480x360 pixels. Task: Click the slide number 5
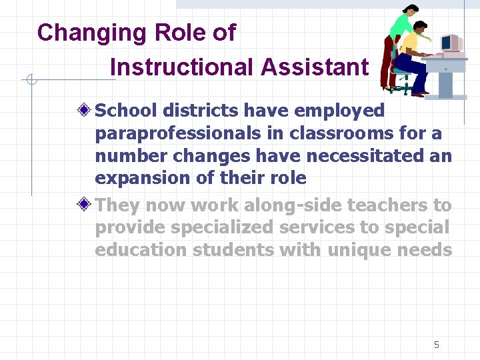coord(437,345)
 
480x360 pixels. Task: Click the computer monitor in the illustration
coord(450,44)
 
